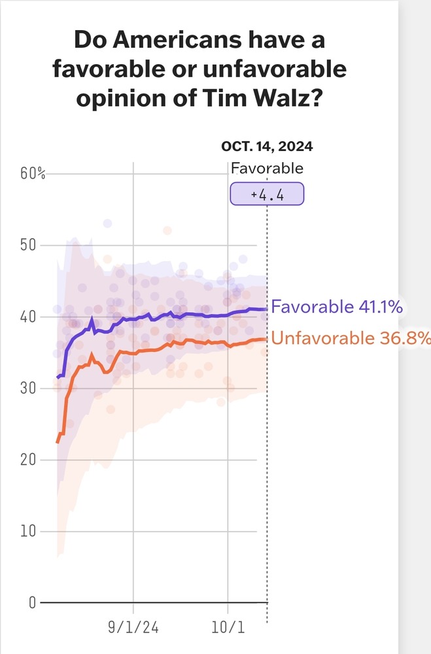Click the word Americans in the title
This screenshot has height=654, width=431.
click(x=177, y=40)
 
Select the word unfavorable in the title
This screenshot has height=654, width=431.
click(x=275, y=69)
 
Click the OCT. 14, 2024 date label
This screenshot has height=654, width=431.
click(x=267, y=146)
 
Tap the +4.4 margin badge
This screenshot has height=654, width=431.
click(x=267, y=194)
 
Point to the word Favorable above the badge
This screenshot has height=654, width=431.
click(x=267, y=168)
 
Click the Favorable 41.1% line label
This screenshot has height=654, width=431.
click(x=337, y=307)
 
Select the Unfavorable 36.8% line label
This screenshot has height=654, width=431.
click(x=351, y=338)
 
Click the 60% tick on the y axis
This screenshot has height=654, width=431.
click(x=33, y=173)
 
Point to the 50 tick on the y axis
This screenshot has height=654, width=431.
click(x=28, y=245)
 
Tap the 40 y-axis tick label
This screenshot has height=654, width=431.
click(x=28, y=317)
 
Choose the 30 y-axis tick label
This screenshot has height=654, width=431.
click(x=28, y=388)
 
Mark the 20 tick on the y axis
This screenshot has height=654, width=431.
click(x=28, y=460)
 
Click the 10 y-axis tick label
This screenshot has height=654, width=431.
click(x=28, y=531)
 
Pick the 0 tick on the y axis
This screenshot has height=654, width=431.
click(x=32, y=603)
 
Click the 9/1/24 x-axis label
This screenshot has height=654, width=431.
click(x=133, y=627)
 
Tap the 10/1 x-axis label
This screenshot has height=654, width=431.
click(x=228, y=627)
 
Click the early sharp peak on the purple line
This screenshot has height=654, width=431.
click(x=92, y=320)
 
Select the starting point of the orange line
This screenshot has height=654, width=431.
click(x=58, y=442)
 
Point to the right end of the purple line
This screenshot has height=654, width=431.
click(x=267, y=309)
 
